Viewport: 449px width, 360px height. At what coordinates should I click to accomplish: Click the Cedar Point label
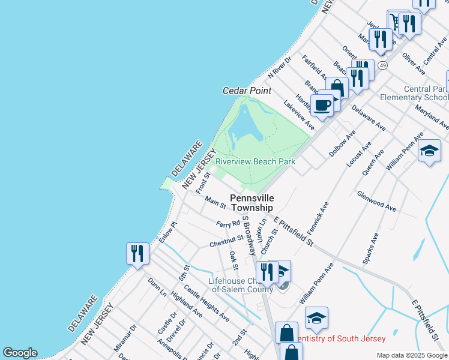[247, 91]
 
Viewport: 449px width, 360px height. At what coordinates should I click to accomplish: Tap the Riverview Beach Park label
[255, 161]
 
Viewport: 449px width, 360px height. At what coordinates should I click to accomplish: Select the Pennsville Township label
[252, 202]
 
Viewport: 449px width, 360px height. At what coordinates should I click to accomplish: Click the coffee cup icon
[322, 105]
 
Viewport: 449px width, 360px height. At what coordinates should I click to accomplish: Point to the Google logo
[20, 353]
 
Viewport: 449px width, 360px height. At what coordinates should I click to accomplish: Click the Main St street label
[214, 202]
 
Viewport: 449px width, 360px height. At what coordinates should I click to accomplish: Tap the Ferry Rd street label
[228, 224]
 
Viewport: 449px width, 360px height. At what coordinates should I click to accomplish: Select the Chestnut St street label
[226, 241]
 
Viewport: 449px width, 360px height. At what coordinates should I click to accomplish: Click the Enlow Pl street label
[169, 232]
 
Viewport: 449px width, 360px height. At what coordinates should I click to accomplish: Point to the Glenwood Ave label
[376, 202]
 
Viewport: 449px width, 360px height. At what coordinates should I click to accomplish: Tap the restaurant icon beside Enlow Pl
[137, 253]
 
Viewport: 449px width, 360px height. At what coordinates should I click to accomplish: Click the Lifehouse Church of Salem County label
[240, 285]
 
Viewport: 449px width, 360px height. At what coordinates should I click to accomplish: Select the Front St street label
[203, 183]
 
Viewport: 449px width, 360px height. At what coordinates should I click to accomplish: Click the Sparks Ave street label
[370, 246]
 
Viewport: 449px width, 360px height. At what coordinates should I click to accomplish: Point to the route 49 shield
[382, 64]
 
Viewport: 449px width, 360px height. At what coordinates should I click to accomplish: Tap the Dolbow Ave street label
[342, 143]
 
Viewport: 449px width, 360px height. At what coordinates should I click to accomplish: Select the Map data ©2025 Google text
[411, 355]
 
